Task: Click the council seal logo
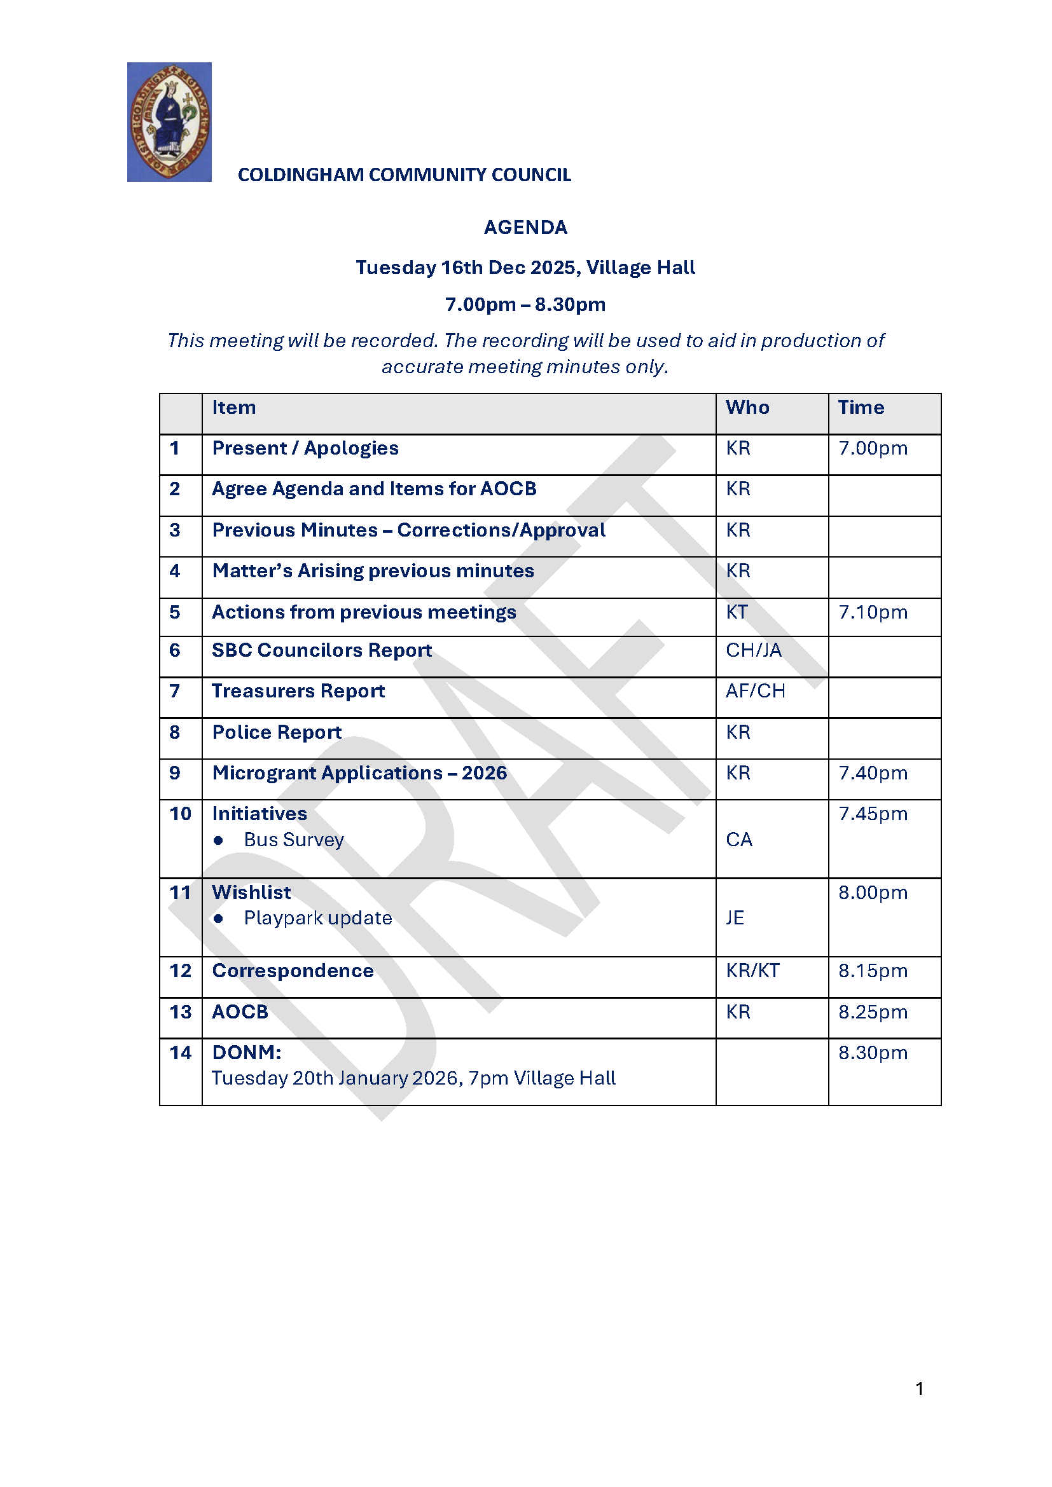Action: pos(169,122)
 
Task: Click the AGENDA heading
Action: pos(525,228)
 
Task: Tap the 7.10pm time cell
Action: pos(873,612)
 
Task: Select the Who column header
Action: pos(747,408)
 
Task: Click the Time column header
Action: pos(861,408)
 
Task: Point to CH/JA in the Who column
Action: pos(753,650)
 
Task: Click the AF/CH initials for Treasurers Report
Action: pos(756,691)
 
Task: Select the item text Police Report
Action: pos(277,732)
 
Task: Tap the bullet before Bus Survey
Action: pos(218,840)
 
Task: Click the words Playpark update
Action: pos(318,919)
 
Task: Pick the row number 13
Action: pos(180,1012)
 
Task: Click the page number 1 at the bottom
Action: pos(919,1388)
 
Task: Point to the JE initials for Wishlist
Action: pos(735,919)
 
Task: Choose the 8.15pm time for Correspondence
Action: pos(873,971)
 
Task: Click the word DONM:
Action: pos(247,1052)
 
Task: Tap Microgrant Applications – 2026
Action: pos(359,773)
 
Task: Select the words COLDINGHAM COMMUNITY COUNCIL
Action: pos(405,175)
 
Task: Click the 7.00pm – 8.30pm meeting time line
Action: pos(525,305)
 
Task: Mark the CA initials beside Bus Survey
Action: pos(739,840)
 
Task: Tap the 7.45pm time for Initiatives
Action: pos(873,814)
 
